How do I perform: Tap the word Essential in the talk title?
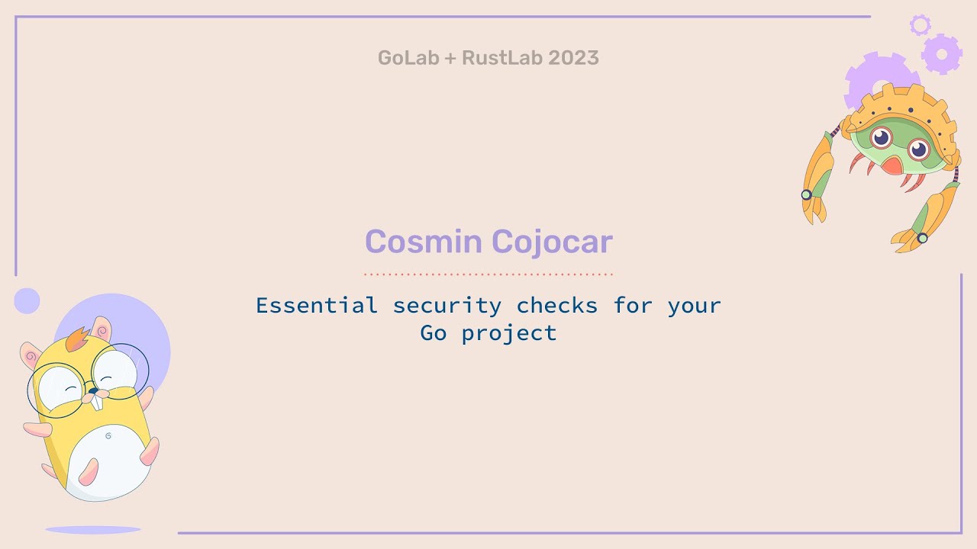coord(316,306)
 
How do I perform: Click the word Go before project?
coord(434,333)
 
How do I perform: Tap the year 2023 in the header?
coord(573,58)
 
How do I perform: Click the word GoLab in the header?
coord(408,58)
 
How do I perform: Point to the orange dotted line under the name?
coord(488,273)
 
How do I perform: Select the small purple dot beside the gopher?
coord(27,300)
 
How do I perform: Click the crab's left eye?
coord(882,138)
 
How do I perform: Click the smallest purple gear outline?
coord(920,24)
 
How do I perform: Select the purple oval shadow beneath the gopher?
coord(92,529)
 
